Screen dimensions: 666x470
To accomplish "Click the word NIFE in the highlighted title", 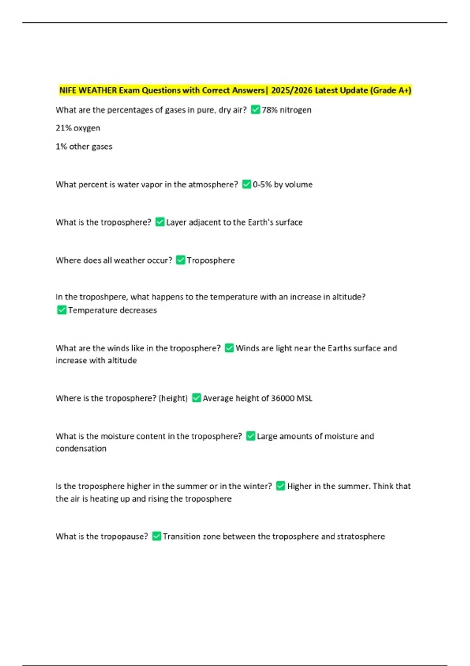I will coord(68,90).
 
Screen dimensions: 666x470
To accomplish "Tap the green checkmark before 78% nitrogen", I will coord(255,110).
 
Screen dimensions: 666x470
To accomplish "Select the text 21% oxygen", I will coord(78,128).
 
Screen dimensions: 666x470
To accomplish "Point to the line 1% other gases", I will coord(84,147).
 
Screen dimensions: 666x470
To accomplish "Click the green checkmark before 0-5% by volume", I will coord(246,184).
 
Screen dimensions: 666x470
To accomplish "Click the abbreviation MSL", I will coord(304,398).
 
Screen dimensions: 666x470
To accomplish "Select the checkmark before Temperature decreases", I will coord(61,310).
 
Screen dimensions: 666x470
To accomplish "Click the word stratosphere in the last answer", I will coord(361,536).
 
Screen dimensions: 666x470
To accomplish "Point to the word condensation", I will coord(81,449).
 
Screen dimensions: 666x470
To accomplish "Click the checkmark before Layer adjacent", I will coord(160,222).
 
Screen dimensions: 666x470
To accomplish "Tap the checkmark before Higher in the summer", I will coord(280,486).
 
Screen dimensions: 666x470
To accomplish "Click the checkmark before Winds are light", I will coord(229,348).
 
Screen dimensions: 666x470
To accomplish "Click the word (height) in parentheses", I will coord(173,398).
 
